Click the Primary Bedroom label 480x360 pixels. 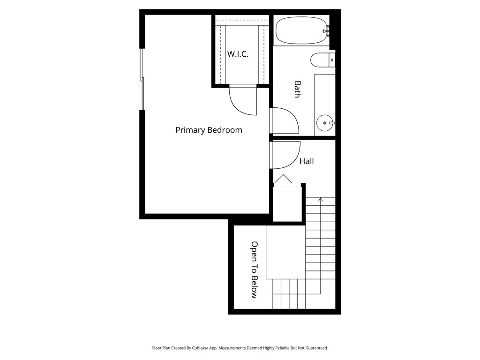tap(209, 130)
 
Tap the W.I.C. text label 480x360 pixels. tap(238, 54)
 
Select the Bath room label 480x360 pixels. tap(297, 89)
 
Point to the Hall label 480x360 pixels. tap(307, 161)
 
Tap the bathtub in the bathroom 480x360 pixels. tap(301, 30)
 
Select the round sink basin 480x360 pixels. tap(325, 123)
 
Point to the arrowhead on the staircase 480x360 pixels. tap(321, 200)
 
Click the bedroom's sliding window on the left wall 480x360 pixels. tap(142, 79)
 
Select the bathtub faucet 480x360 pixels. tap(326, 31)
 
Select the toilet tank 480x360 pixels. tap(332, 60)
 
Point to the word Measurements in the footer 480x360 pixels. tap(232, 348)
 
